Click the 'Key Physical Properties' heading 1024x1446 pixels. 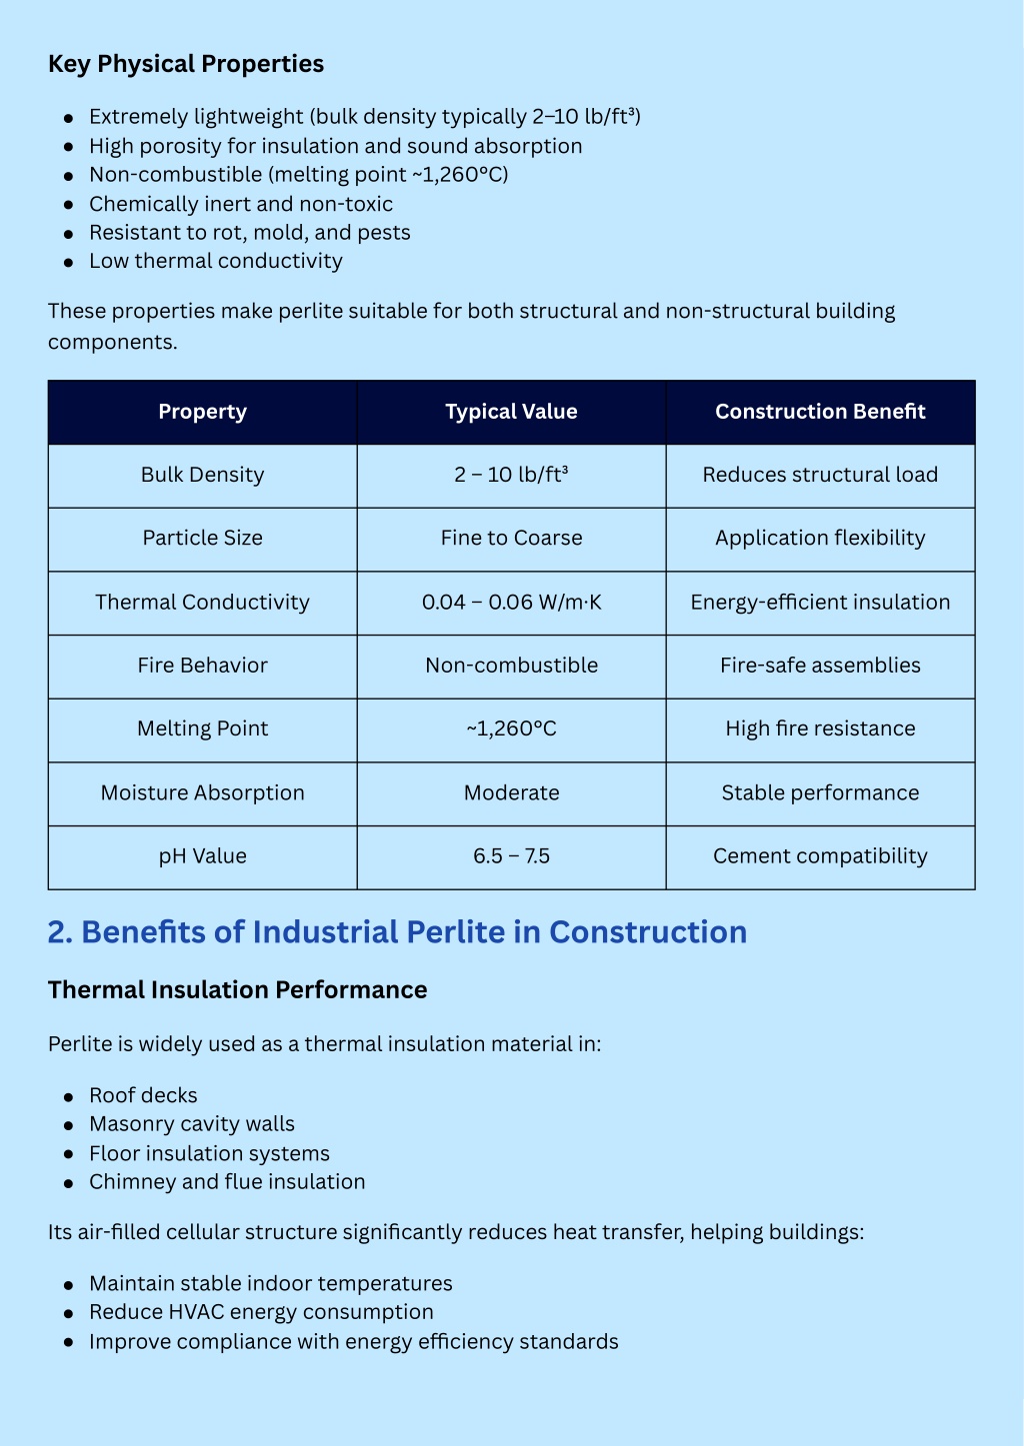click(x=186, y=64)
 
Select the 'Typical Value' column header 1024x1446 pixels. click(x=511, y=412)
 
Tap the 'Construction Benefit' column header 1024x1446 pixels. click(x=820, y=412)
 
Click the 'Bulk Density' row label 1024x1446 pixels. click(x=202, y=475)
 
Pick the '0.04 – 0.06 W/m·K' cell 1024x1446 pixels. click(x=511, y=602)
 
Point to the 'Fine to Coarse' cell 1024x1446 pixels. click(x=511, y=538)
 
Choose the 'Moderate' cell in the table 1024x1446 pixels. click(x=511, y=792)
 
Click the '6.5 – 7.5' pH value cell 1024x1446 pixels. click(x=511, y=856)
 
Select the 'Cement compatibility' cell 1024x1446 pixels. click(x=820, y=856)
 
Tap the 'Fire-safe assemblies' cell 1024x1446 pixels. click(x=820, y=666)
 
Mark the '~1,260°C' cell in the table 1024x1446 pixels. click(x=511, y=728)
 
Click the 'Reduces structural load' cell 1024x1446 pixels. click(x=820, y=475)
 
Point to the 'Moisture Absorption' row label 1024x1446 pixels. click(x=202, y=792)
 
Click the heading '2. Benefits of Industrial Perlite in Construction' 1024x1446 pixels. click(x=397, y=931)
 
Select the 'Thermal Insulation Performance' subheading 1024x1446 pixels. click(x=237, y=989)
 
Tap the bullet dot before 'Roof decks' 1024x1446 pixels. click(x=69, y=1096)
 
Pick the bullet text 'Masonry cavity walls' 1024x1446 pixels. click(x=192, y=1124)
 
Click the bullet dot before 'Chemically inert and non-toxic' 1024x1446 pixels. click(x=69, y=205)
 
